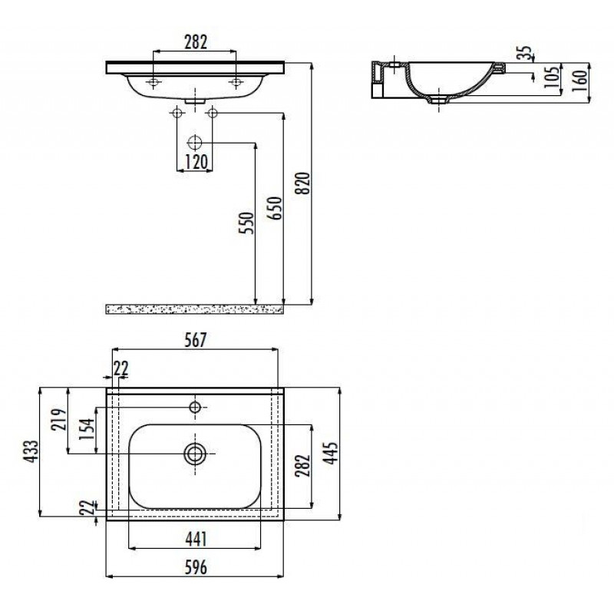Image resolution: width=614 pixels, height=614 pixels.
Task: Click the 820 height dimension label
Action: click(x=304, y=183)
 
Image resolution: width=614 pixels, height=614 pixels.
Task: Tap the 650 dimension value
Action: click(x=276, y=208)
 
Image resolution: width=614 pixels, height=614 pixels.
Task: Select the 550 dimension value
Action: click(x=246, y=223)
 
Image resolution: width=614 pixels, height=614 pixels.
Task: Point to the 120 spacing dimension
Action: click(x=196, y=162)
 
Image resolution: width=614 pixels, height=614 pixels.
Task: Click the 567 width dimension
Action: click(x=195, y=340)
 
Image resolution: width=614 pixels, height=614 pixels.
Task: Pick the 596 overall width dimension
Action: click(x=196, y=567)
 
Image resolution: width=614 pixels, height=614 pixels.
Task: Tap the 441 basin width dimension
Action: click(x=196, y=540)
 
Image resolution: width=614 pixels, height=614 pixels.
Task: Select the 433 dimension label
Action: click(x=31, y=451)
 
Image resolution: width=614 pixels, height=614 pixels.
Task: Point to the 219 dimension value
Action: click(x=59, y=419)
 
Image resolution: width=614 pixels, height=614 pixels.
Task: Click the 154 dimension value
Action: click(x=87, y=429)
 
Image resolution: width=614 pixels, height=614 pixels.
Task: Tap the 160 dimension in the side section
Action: click(x=581, y=81)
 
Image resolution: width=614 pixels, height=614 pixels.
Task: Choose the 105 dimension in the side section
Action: click(x=552, y=78)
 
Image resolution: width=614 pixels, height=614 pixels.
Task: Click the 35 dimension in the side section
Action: click(x=525, y=53)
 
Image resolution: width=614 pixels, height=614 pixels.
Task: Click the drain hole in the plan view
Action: click(x=195, y=454)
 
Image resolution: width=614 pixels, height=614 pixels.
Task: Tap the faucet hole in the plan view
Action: click(x=195, y=408)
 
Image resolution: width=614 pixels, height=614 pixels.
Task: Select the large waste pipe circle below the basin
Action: click(x=195, y=143)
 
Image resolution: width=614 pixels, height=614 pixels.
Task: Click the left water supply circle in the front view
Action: click(x=177, y=113)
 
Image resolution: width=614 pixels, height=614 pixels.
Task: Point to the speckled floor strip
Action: click(x=195, y=309)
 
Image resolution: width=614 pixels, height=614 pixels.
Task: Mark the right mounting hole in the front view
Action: click(x=236, y=82)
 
